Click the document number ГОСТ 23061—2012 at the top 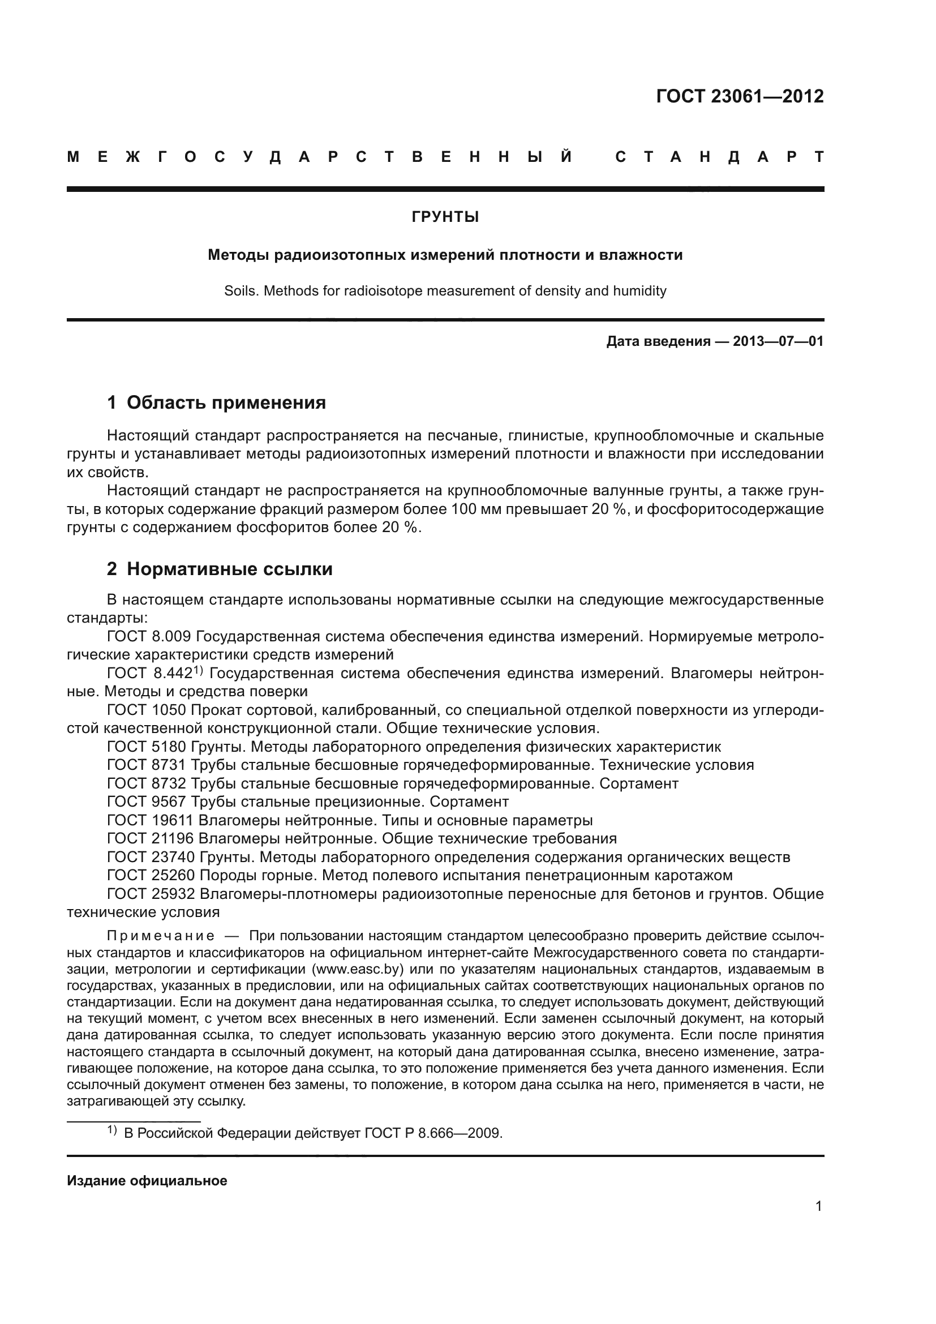(x=740, y=96)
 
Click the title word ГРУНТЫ (x=445, y=217)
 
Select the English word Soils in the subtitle (x=241, y=291)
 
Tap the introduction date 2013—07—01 (x=778, y=341)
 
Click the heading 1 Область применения (x=216, y=402)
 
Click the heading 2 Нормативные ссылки (x=220, y=569)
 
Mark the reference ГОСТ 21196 (x=151, y=838)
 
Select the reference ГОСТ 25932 (x=151, y=894)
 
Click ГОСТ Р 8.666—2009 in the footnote (x=433, y=1134)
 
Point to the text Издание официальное (x=147, y=1181)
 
